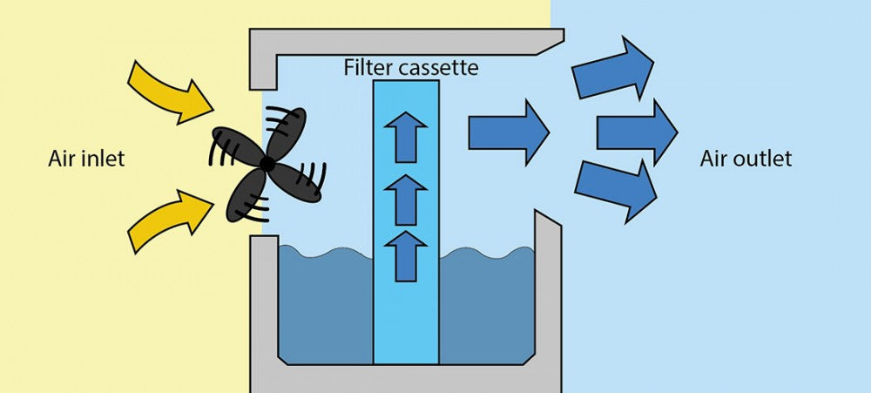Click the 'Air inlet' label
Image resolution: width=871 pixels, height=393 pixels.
pos(87,159)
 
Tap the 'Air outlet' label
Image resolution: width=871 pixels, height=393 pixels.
pos(746,159)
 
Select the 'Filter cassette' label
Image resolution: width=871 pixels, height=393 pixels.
pos(411,67)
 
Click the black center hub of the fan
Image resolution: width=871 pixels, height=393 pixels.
pos(267,164)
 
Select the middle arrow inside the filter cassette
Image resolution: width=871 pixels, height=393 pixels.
pos(405,197)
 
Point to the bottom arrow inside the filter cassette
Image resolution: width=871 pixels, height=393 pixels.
pos(405,254)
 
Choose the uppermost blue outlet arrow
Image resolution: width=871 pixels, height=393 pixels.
pos(612,68)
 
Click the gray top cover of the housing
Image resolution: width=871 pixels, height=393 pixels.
pos(401,41)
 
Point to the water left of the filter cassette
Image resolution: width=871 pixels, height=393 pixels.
pos(325,305)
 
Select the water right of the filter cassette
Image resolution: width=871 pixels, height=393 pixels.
pos(486,305)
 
